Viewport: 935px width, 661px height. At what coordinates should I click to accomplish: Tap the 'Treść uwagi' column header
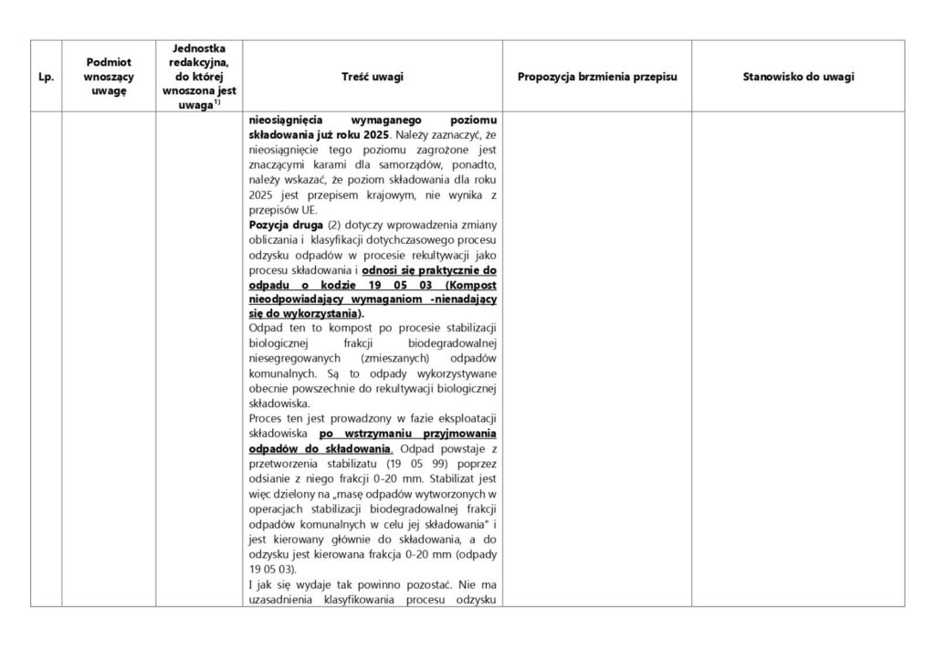[x=373, y=78]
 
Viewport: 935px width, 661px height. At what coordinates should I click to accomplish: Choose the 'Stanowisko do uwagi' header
[x=798, y=78]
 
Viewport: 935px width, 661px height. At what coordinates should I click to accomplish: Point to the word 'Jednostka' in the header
[x=199, y=47]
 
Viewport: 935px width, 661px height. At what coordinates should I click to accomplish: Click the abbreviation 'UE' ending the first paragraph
[x=300, y=208]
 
